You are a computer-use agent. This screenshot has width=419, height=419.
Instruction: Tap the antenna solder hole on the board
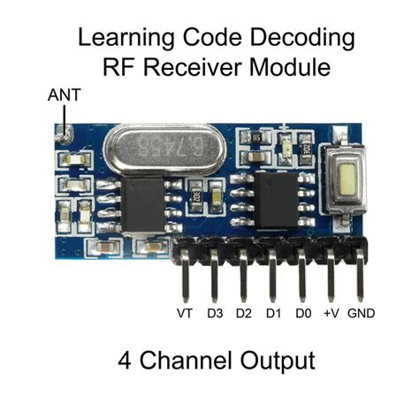coord(62,135)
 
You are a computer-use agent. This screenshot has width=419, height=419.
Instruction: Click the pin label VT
coord(185,314)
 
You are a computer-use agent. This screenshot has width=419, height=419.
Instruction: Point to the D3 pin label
coord(214,314)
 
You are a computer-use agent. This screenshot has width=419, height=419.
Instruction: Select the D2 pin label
coord(243,314)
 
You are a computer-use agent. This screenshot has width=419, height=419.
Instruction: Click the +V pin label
coord(331,314)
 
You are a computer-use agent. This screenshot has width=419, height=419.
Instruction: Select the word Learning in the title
coord(119,40)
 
